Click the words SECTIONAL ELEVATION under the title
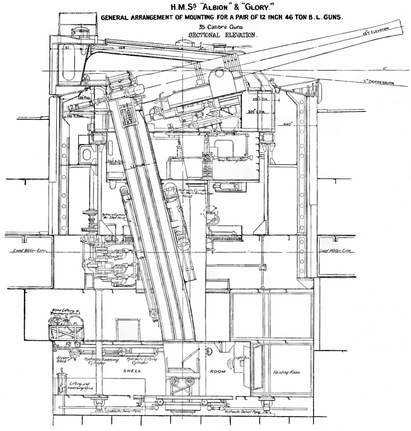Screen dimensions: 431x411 click(x=223, y=35)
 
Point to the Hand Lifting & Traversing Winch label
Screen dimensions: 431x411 click(x=66, y=312)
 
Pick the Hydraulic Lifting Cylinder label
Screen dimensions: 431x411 click(x=141, y=361)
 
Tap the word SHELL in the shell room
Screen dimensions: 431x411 click(x=132, y=371)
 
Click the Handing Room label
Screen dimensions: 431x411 click(x=286, y=372)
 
